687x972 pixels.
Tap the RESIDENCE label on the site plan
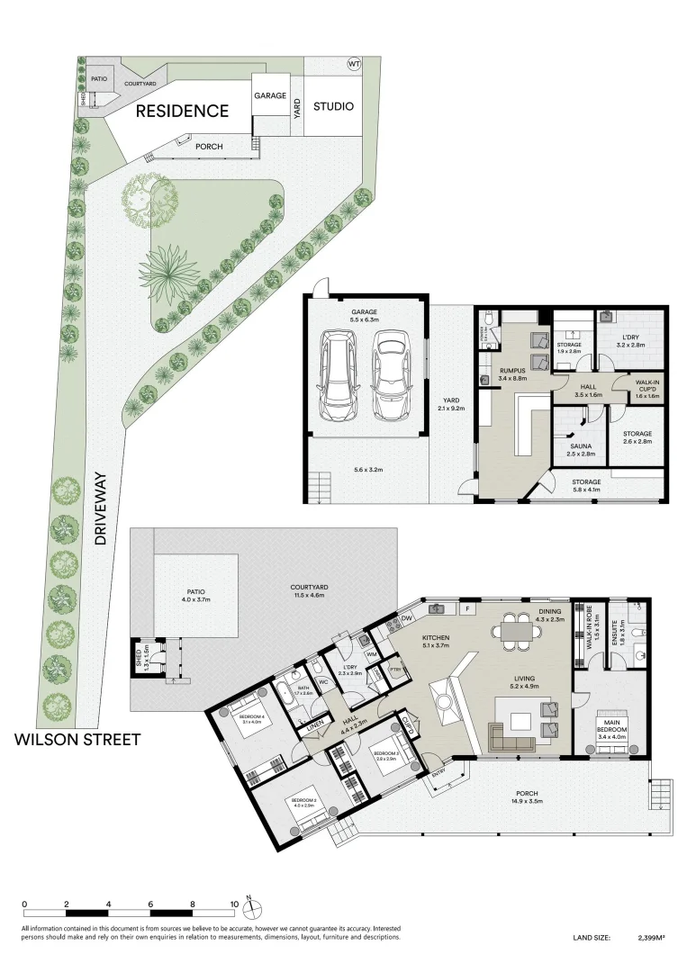183,112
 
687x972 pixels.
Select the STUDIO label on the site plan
333,106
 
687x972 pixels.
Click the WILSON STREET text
77,740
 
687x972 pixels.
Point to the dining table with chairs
516,631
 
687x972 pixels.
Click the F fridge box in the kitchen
467,609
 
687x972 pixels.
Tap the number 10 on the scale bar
235,904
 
